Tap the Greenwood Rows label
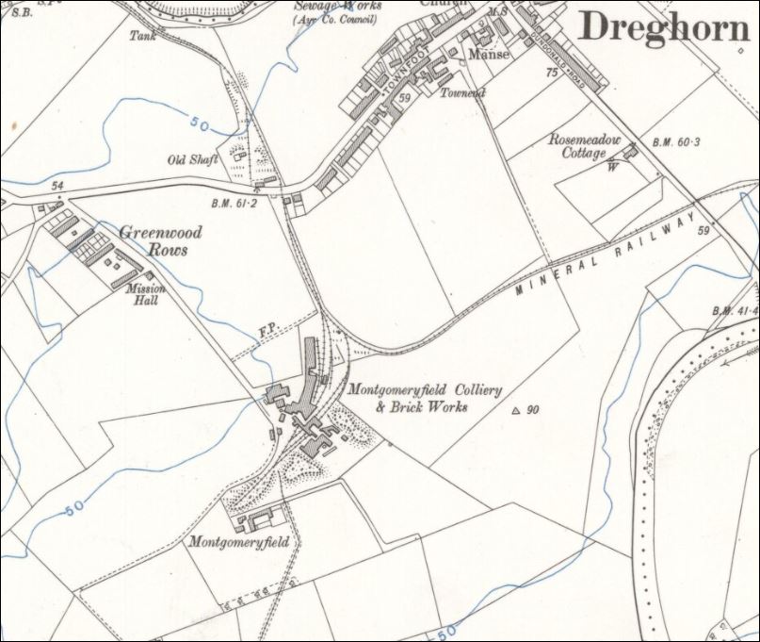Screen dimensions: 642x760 [153, 240]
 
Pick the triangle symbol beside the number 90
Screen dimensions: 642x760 [515, 410]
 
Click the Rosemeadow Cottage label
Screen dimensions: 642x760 [585, 145]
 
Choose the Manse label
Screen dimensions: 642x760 [490, 55]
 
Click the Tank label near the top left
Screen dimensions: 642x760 [142, 36]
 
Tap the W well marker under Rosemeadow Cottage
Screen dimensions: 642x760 [613, 166]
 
